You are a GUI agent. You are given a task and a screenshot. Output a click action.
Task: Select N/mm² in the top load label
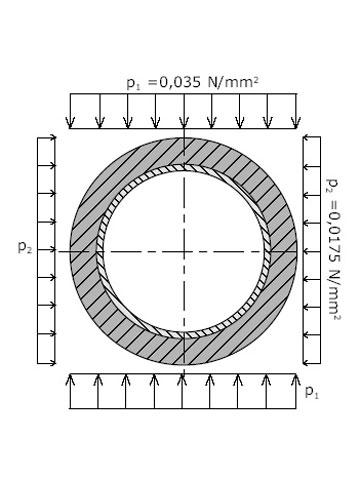[x=233, y=82]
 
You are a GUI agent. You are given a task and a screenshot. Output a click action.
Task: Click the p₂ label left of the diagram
[x=25, y=247]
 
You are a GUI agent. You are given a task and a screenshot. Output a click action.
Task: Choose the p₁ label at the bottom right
[x=312, y=392]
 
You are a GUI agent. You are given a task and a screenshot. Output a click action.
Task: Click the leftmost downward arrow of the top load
[x=70, y=111]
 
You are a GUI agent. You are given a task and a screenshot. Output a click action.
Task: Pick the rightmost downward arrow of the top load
[x=296, y=111]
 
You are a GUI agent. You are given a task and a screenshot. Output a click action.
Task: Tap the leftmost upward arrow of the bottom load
[x=70, y=391]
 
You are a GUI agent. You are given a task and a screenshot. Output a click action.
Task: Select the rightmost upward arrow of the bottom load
[x=296, y=391]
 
